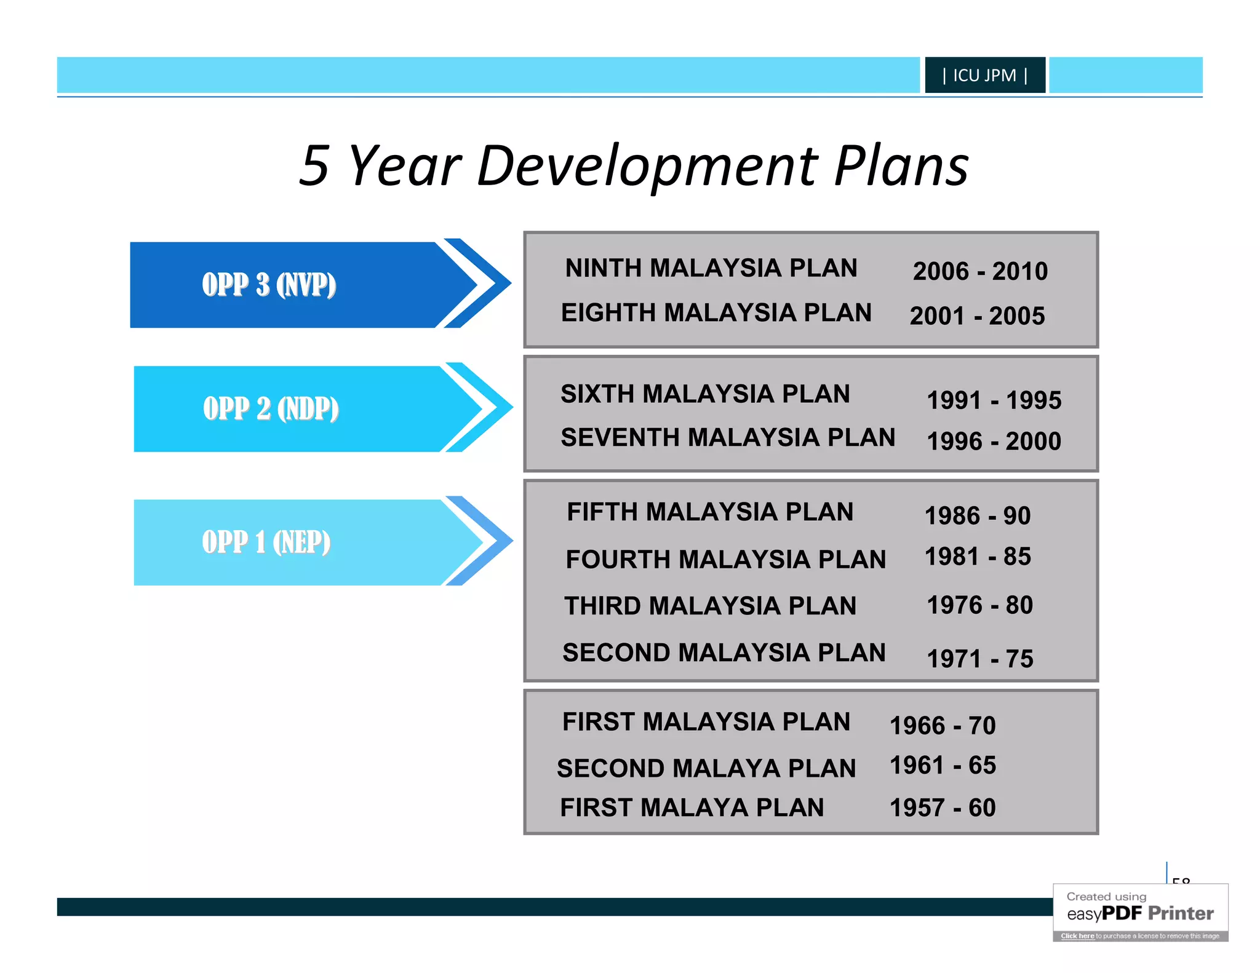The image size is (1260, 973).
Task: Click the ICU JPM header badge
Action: [x=984, y=75]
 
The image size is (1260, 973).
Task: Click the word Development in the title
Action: [x=647, y=166]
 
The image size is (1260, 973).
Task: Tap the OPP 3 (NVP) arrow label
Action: [x=269, y=285]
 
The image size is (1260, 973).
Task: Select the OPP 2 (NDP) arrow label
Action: [x=271, y=409]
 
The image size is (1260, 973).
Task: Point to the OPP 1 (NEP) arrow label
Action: [x=266, y=542]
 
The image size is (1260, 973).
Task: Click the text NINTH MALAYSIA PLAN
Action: [x=711, y=268]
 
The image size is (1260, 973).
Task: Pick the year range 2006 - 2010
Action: [x=979, y=271]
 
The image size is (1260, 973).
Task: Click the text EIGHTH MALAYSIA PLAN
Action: [x=716, y=313]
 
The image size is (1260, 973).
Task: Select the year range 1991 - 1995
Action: [x=994, y=400]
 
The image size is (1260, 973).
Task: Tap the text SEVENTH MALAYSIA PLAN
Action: [x=727, y=438]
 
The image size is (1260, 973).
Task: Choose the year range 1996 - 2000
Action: [x=994, y=442]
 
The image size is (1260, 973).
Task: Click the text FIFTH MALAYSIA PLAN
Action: [x=709, y=512]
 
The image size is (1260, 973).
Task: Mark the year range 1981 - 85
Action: [x=978, y=557]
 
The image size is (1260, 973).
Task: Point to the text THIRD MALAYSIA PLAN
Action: [x=710, y=606]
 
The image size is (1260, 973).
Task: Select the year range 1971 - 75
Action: [x=979, y=659]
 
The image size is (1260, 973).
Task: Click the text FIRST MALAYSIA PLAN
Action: [x=706, y=722]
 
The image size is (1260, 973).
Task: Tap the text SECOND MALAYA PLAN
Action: [x=706, y=769]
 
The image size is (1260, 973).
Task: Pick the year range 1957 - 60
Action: [x=942, y=808]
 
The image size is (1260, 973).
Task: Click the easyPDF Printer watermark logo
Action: [x=1140, y=913]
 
